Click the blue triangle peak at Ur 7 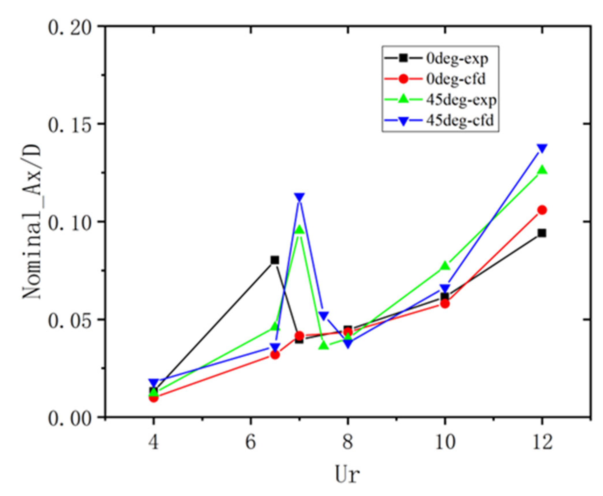(299, 197)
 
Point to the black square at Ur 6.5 (275, 260)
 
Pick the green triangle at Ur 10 (445, 265)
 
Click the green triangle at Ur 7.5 (324, 345)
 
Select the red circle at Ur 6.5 (275, 355)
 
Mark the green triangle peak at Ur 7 (299, 230)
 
